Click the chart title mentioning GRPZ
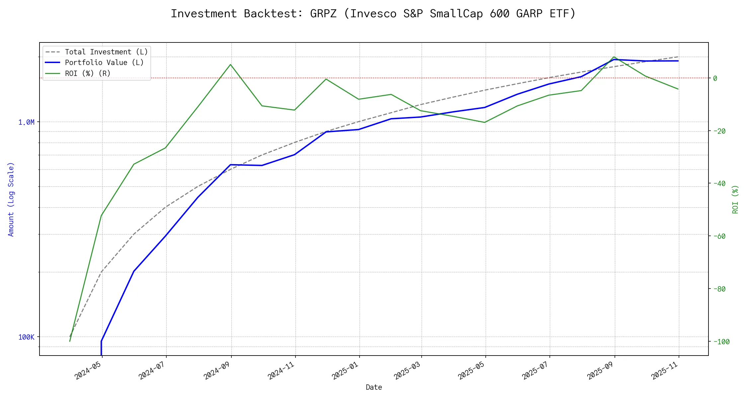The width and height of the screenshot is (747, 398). coord(373,14)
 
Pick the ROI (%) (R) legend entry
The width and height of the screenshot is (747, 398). coord(88,73)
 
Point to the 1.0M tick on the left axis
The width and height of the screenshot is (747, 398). coord(26,122)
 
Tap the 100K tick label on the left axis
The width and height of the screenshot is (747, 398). coord(26,337)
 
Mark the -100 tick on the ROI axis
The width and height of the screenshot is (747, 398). coord(721,342)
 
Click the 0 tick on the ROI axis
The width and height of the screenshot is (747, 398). coord(715,78)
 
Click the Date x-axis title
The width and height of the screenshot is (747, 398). coord(374,387)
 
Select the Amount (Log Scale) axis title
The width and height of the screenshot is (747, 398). coord(11,199)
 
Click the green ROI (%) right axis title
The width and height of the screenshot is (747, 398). coord(735,199)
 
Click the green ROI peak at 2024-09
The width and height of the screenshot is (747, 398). coord(230,64)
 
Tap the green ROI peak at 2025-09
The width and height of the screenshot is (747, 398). coord(615,57)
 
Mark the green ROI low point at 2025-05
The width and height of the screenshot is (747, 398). coord(485,122)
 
